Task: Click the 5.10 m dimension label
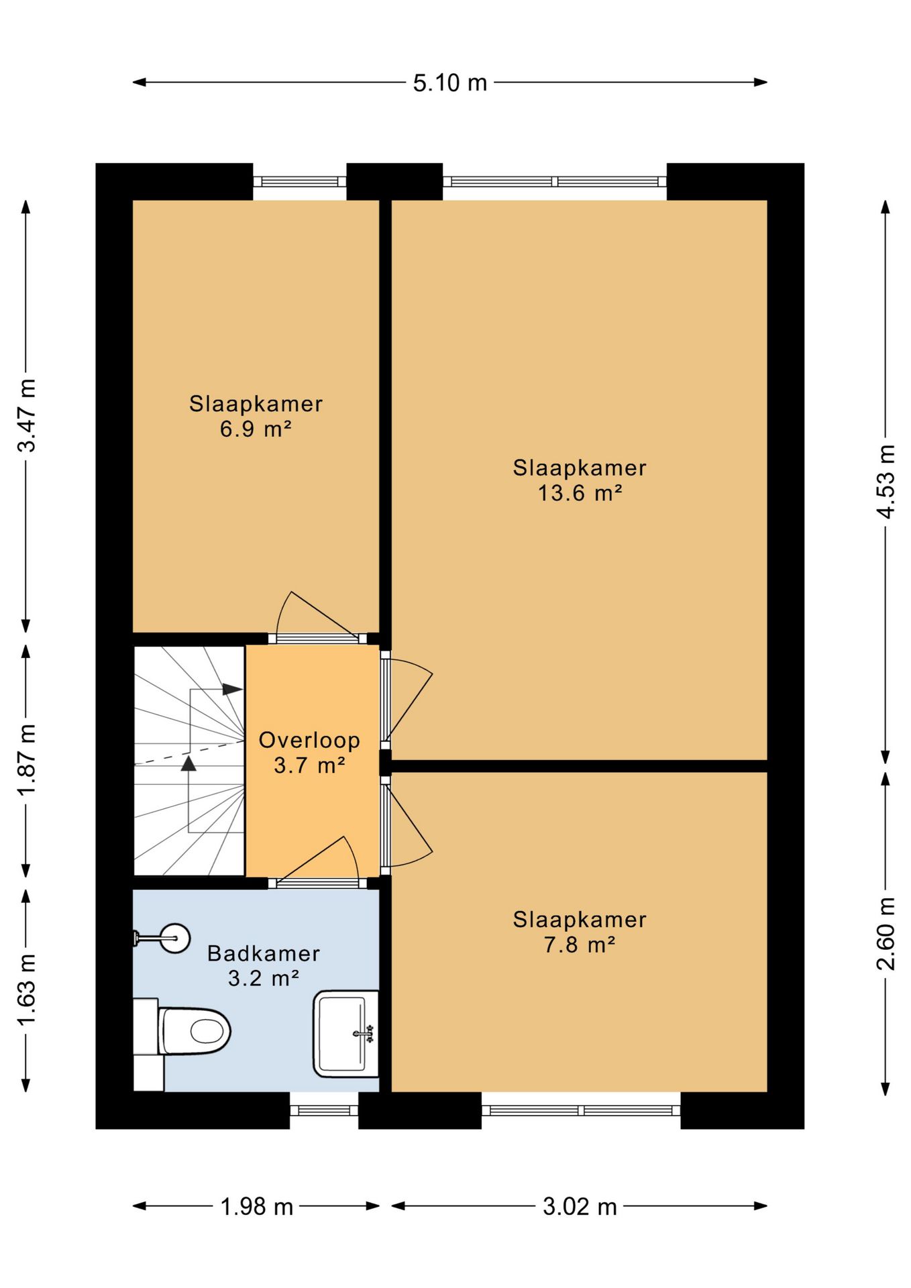[449, 83]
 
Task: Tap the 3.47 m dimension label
[27, 416]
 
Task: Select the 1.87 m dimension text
[27, 760]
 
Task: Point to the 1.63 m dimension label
[27, 989]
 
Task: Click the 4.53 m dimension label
[886, 481]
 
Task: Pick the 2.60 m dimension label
[886, 933]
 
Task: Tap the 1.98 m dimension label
[257, 1207]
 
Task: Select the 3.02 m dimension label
[580, 1207]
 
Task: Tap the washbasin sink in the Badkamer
[345, 1034]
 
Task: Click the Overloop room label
[309, 740]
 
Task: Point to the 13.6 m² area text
[580, 493]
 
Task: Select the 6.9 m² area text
[256, 429]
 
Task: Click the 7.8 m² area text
[580, 945]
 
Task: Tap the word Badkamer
[264, 953]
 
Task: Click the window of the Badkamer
[324, 1110]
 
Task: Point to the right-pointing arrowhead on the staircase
[232, 689]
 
